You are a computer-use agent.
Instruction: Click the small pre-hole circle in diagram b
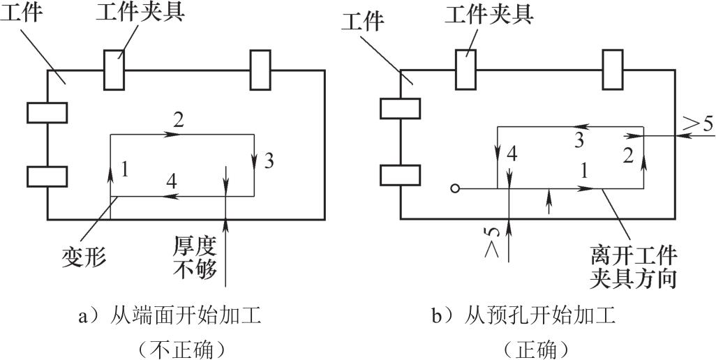tap(454, 188)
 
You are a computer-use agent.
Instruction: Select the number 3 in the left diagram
tap(269, 162)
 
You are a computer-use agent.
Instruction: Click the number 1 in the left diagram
tap(124, 169)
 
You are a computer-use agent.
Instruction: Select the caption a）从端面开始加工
tap(171, 317)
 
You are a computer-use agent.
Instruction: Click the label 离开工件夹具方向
tap(634, 266)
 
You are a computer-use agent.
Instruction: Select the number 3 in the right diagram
tap(579, 141)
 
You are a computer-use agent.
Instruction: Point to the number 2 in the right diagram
tap(627, 156)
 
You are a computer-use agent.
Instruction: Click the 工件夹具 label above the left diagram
tap(151, 14)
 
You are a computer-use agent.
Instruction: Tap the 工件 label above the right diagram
tap(363, 22)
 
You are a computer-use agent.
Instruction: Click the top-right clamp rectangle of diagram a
tap(260, 70)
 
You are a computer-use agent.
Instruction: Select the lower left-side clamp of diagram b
tap(399, 176)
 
